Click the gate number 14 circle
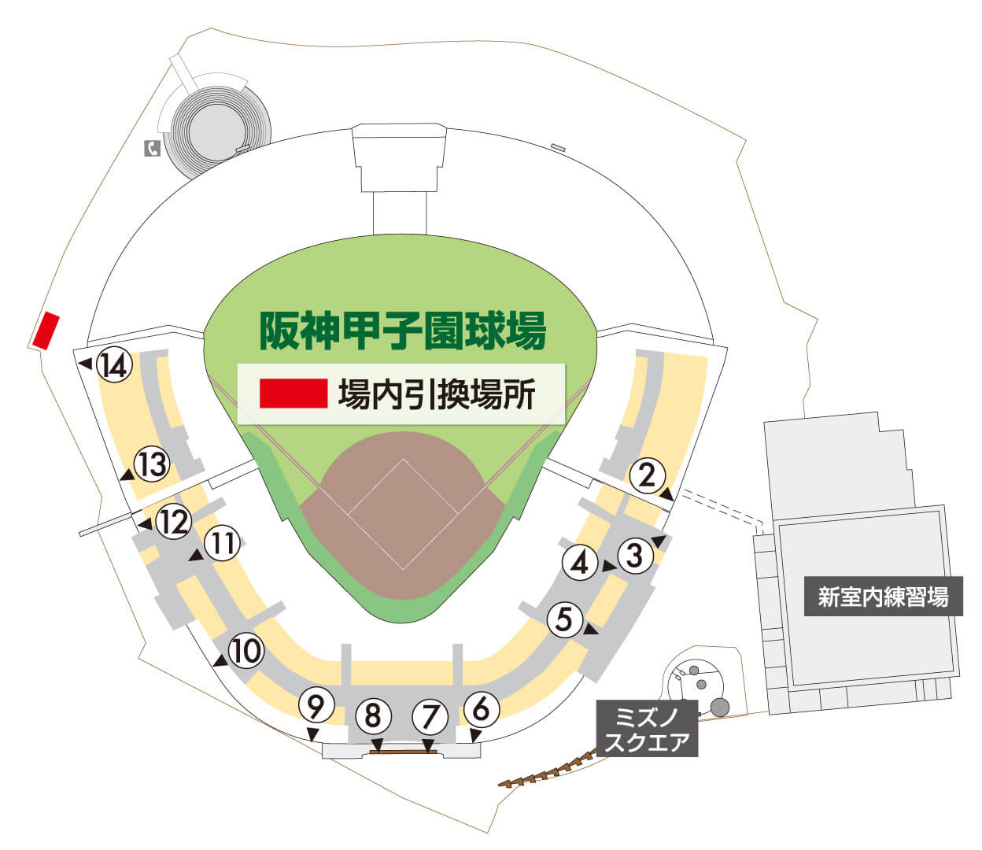[x=114, y=365]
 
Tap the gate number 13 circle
[x=152, y=464]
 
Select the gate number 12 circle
[x=173, y=521]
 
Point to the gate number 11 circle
[x=223, y=544]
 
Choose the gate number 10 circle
[x=246, y=651]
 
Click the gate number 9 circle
[x=315, y=707]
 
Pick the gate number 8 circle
[x=373, y=716]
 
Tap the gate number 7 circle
[x=430, y=716]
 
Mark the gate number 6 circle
[x=482, y=708]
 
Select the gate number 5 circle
[x=564, y=619]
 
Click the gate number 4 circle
[x=580, y=563]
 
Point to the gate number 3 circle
[x=635, y=555]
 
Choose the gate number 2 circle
[x=647, y=475]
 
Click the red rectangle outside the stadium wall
[x=46, y=331]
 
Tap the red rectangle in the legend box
[x=293, y=394]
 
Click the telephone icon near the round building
[x=152, y=148]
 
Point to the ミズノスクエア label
[x=647, y=729]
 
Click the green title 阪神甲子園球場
[x=402, y=331]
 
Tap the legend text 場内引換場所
[x=437, y=394]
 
